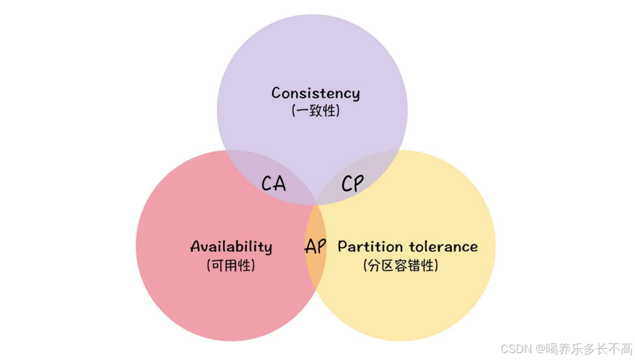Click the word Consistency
(316, 94)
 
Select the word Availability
(231, 247)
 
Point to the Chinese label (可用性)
(231, 265)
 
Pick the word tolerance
(444, 246)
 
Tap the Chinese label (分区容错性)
(401, 265)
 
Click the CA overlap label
(274, 184)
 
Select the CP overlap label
(352, 184)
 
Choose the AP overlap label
(316, 246)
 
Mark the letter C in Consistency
(276, 93)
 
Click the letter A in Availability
(194, 246)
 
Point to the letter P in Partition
(342, 246)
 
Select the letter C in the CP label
(347, 184)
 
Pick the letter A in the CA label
(279, 184)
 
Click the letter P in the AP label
(321, 246)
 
